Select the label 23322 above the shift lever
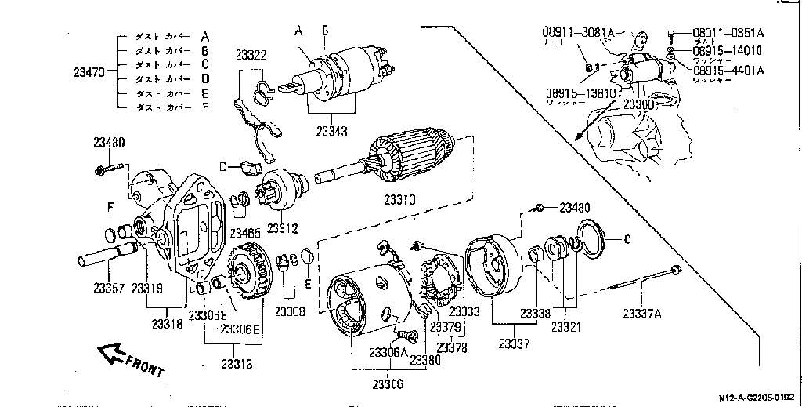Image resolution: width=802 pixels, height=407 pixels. [x=251, y=54]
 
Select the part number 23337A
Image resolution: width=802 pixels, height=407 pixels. [x=642, y=314]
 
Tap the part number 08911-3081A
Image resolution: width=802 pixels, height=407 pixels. [x=577, y=31]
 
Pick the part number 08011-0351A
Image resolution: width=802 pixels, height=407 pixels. [x=728, y=32]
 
